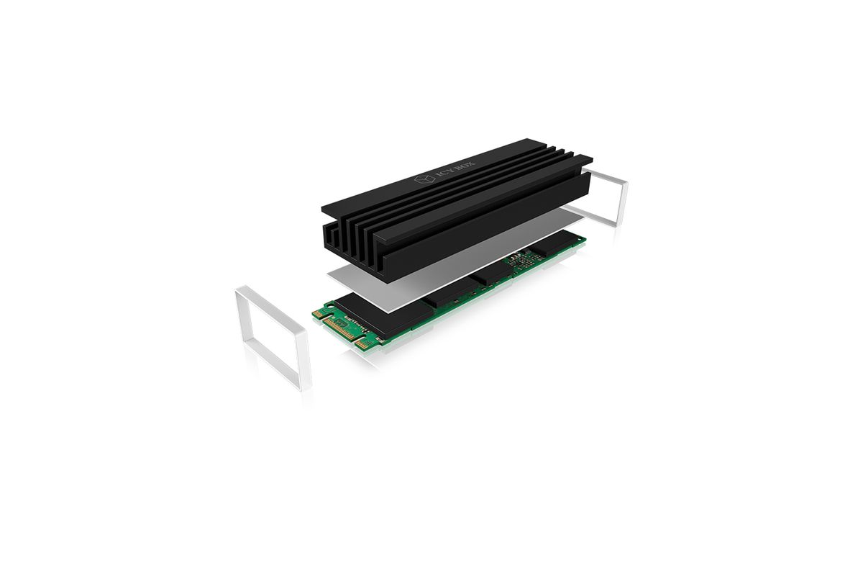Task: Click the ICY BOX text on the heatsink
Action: tap(455, 170)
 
